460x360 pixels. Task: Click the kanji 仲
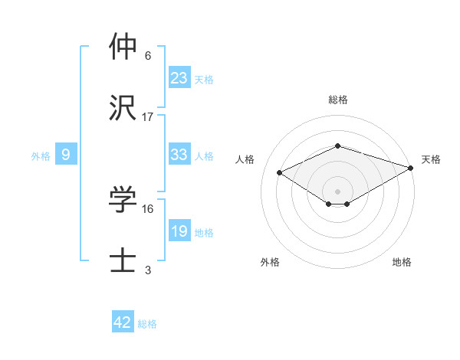[123, 47]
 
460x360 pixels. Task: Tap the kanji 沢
[123, 109]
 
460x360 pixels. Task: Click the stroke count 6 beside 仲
[148, 55]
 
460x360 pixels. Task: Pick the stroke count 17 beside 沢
[148, 116]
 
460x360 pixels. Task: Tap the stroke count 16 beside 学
[148, 208]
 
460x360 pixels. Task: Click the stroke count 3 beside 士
[148, 270]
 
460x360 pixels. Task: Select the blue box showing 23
[179, 78]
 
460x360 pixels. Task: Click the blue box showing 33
[179, 155]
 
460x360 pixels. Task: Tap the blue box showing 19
[179, 231]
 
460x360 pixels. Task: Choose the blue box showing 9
[66, 155]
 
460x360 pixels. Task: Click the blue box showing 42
[123, 322]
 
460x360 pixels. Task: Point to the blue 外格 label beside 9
[41, 156]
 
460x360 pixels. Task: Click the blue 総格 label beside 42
[147, 324]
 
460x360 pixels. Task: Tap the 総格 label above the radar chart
[337, 100]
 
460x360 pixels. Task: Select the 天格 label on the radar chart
[431, 159]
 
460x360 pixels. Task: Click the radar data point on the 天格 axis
[412, 168]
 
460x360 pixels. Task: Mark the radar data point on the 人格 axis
[280, 172]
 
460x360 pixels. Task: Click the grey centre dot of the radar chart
[337, 191]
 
